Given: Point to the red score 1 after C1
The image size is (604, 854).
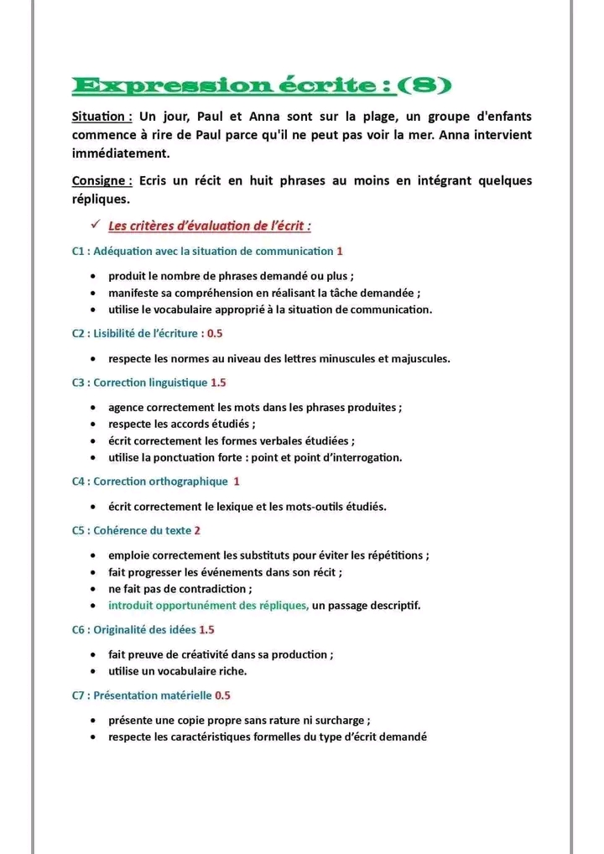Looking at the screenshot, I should pos(340,251).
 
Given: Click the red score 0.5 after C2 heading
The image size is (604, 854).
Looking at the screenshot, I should pos(215,333).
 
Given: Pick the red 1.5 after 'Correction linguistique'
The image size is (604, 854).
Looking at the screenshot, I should pos(218,383).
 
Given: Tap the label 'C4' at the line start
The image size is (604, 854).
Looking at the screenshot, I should pos(80,482).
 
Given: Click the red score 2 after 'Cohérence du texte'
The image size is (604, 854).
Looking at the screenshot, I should pos(197,530).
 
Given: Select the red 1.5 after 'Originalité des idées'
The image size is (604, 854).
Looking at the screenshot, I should pos(207,629).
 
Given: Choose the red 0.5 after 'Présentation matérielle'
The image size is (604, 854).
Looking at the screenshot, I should pos(222,695).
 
